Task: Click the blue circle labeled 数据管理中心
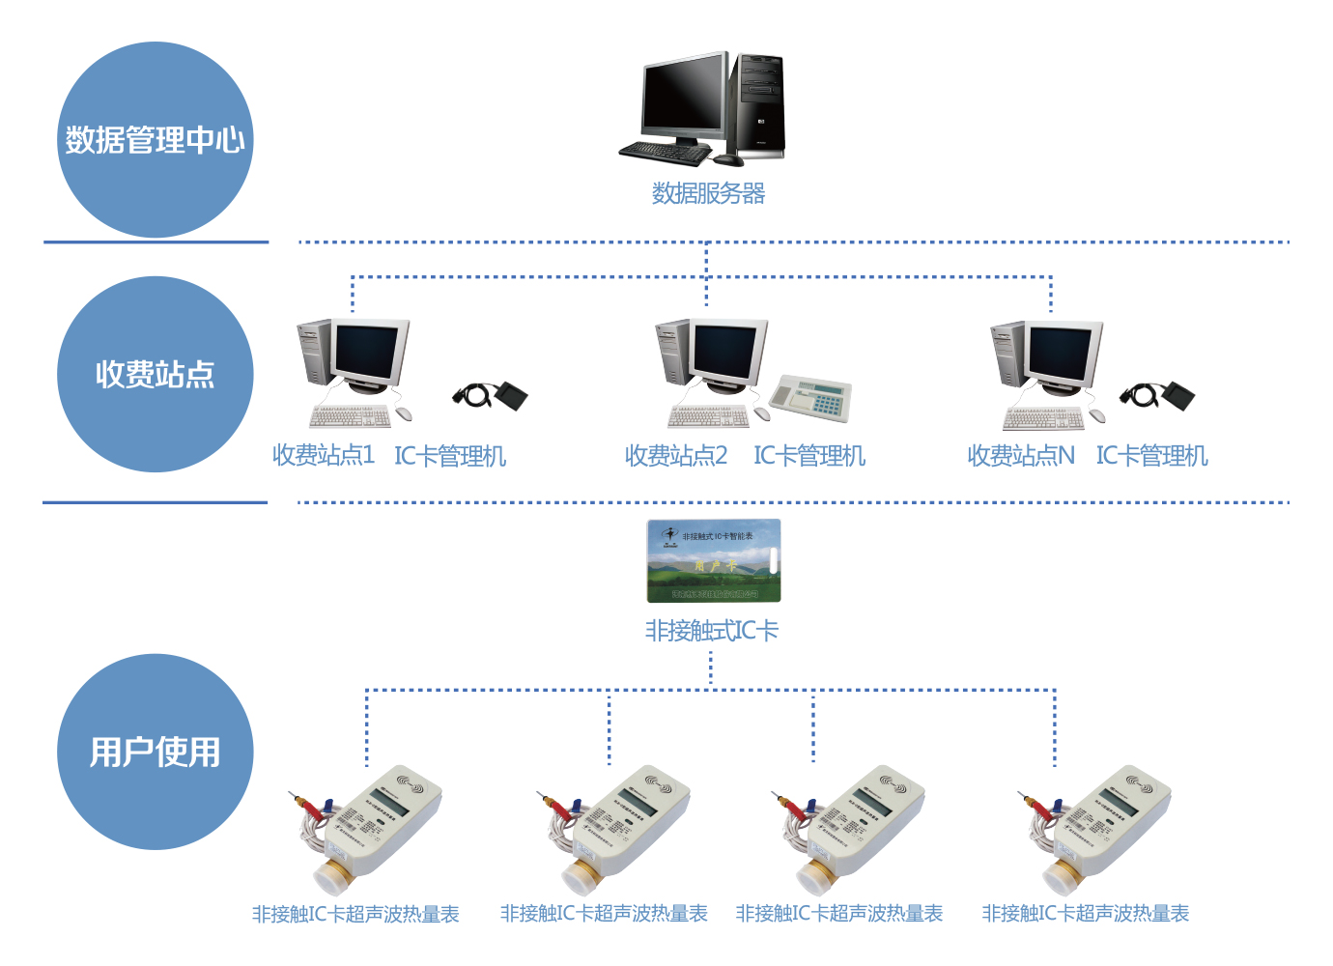pos(156,140)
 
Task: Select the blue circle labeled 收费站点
pos(156,375)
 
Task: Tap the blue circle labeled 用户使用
pos(156,753)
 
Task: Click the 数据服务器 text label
pos(708,193)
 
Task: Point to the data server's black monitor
pos(685,98)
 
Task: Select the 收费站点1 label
pos(323,455)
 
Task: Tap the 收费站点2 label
pos(675,455)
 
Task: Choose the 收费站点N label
pos(1020,455)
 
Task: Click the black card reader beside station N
pos(1158,395)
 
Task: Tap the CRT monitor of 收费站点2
pos(726,354)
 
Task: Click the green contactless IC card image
pos(713,560)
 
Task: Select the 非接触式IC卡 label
pos(712,631)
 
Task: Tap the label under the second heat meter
pos(604,913)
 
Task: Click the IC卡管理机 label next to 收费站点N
pos(1151,455)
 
